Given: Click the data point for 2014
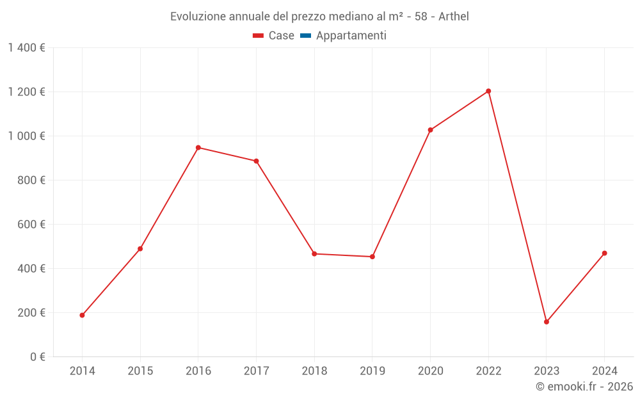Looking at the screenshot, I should coord(82,315).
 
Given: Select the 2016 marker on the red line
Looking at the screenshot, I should coord(198,148).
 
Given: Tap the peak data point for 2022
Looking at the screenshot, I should coord(488,91).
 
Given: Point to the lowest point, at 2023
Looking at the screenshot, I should coord(547,322).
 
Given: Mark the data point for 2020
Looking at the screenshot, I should coord(430,130).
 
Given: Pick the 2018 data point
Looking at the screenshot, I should coord(314,254).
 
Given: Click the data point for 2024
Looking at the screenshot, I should coord(604,253).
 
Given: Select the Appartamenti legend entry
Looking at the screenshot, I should coord(351,36).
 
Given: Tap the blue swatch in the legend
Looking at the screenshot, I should coord(305,36).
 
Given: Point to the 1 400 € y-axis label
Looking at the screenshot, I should coord(26,48).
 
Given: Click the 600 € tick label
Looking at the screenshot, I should coord(32,225).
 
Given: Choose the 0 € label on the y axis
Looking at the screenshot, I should coord(38,357).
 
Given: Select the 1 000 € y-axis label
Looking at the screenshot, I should coord(26,136).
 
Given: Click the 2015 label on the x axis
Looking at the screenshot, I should coord(140,371).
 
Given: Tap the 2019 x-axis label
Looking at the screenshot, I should coord(372,371).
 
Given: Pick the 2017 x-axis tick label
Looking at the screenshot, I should coord(256,371).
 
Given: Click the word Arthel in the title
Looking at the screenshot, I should coord(454,17).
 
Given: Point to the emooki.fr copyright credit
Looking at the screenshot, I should coord(584,387).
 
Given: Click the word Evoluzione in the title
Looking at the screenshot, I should coord(198,17).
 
